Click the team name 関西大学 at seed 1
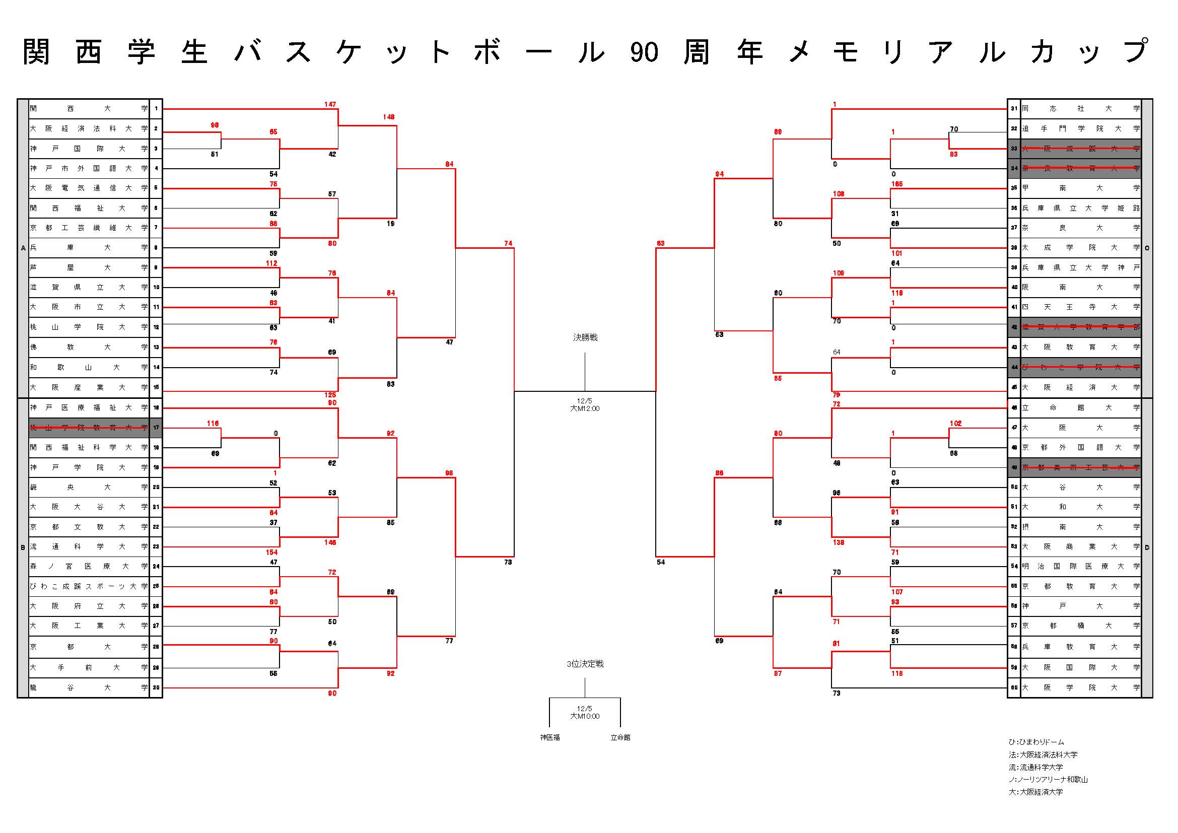[x=88, y=109]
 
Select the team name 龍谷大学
[x=88, y=687]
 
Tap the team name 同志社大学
[x=1080, y=109]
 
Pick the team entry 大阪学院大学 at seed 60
[x=1080, y=687]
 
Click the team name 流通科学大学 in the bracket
[x=88, y=547]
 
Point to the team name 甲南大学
[x=1080, y=188]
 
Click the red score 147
[x=330, y=105]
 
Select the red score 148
[x=388, y=117]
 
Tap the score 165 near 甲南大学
[x=897, y=184]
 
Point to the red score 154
[x=271, y=552]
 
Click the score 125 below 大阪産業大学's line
[x=330, y=395]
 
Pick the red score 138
[x=839, y=542]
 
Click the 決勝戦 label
[x=585, y=337]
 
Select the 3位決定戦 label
[x=585, y=664]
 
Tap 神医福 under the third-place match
[x=549, y=737]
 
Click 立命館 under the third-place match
[x=620, y=737]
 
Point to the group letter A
[x=23, y=248]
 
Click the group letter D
[x=1147, y=547]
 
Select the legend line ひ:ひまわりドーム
[x=1036, y=742]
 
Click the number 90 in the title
[x=644, y=52]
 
